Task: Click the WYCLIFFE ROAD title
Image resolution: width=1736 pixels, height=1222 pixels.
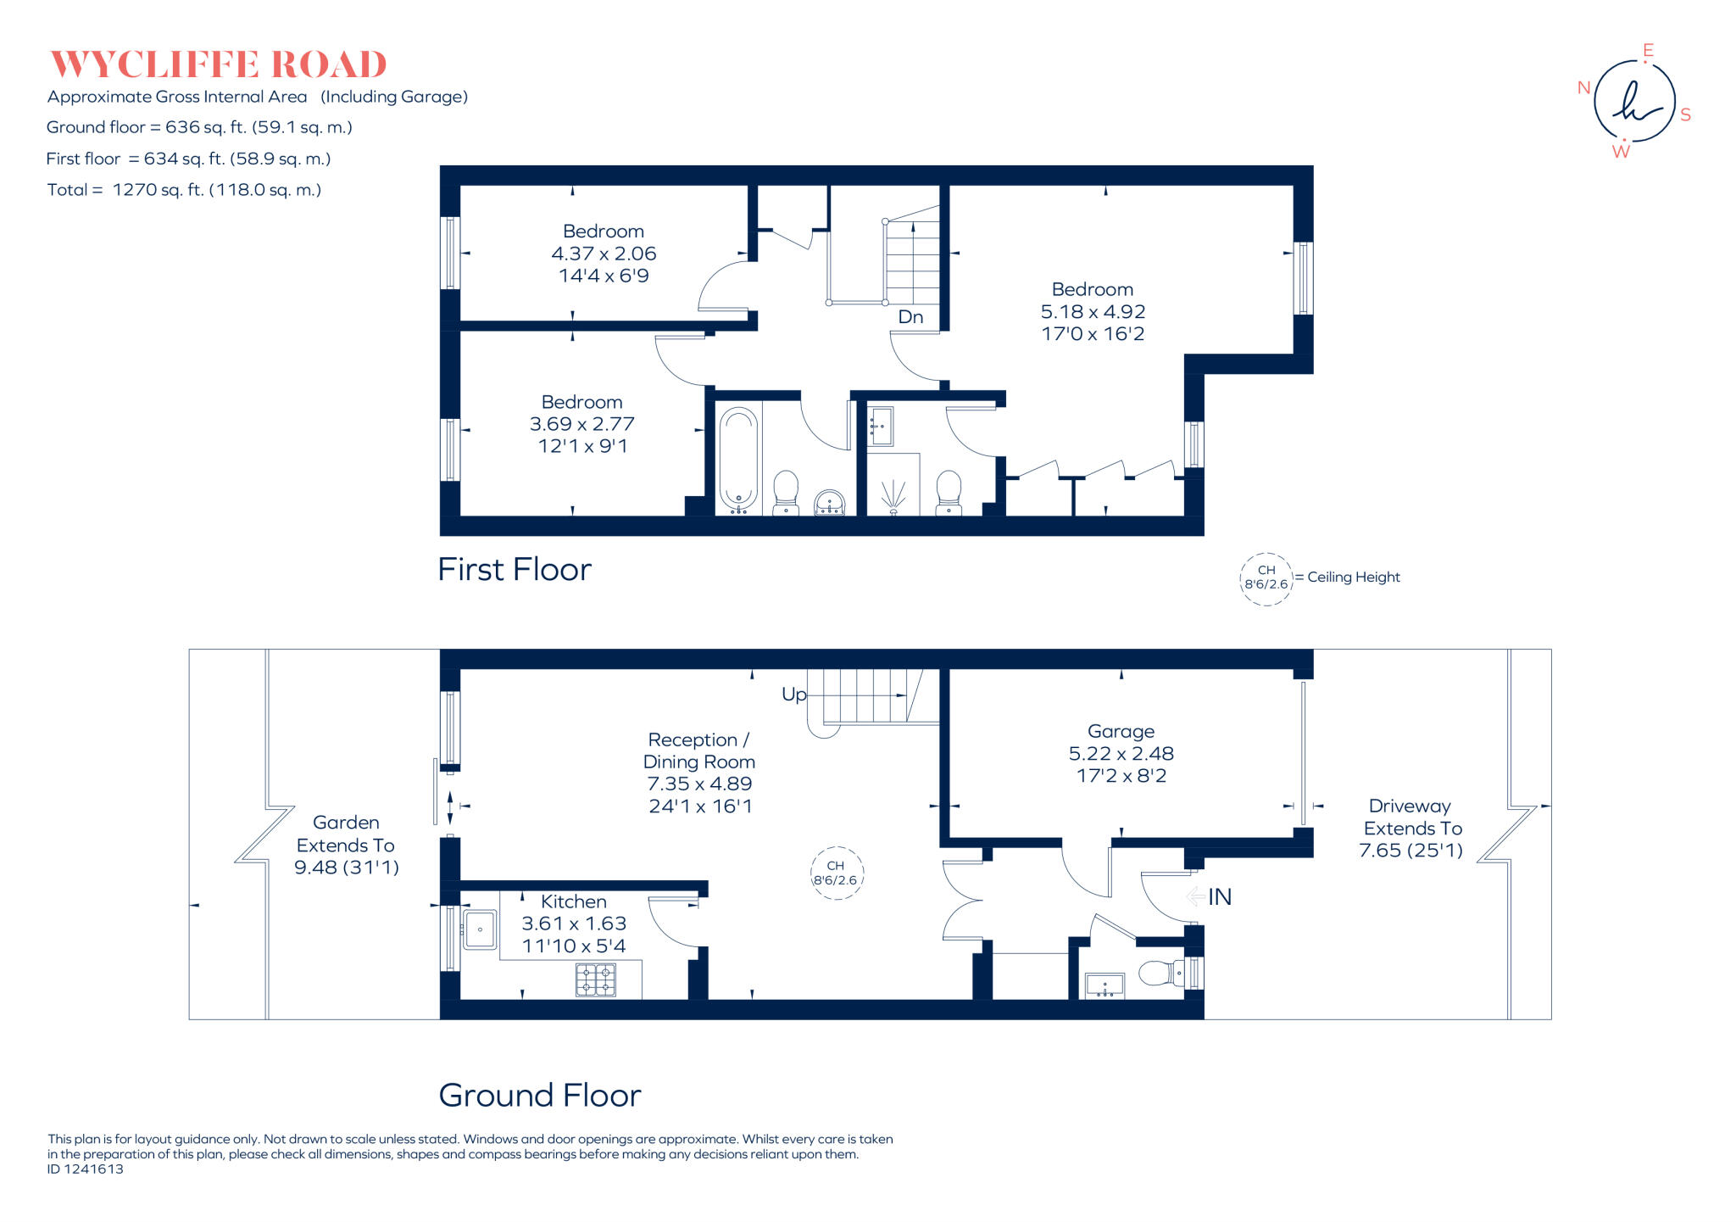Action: click(219, 65)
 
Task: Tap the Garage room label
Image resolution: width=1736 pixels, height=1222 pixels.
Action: click(1121, 731)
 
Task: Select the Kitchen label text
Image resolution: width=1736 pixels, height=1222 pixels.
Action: click(574, 901)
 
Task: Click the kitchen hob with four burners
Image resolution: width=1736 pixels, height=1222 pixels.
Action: click(596, 980)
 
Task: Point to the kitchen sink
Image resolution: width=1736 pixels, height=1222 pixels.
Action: click(480, 929)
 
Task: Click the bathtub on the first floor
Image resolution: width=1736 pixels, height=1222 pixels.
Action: click(738, 460)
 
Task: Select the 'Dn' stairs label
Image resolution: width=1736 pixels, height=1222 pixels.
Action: click(910, 316)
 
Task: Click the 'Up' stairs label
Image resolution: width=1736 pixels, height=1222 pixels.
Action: click(793, 695)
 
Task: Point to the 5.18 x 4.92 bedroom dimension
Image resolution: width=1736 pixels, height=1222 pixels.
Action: click(1093, 312)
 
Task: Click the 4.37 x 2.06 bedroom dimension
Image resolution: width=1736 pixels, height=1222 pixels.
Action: click(604, 254)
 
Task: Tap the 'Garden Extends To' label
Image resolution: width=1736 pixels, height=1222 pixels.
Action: click(346, 834)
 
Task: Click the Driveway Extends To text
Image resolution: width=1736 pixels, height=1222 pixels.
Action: click(1411, 817)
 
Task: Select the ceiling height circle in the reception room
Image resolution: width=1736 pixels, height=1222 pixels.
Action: click(837, 873)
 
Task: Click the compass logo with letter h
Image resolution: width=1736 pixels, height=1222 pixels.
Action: click(1633, 101)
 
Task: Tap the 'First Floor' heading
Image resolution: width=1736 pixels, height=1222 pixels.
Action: click(515, 570)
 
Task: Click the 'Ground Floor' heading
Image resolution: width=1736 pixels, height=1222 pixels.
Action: click(539, 1096)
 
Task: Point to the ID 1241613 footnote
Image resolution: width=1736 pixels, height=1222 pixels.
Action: click(86, 1169)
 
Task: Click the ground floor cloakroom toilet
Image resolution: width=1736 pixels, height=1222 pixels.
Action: click(1159, 973)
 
